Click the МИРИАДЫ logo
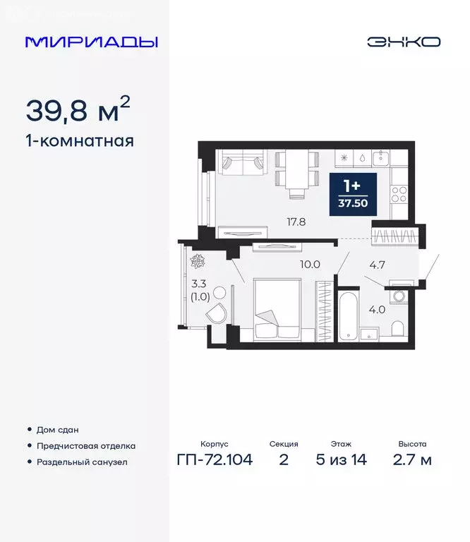[92, 42]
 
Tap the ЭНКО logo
[404, 42]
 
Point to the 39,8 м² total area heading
[78, 110]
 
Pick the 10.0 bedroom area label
[311, 265]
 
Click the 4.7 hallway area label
[378, 266]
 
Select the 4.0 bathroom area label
[378, 308]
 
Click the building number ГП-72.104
[215, 461]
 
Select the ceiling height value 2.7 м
[412, 461]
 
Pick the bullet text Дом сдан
[58, 430]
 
